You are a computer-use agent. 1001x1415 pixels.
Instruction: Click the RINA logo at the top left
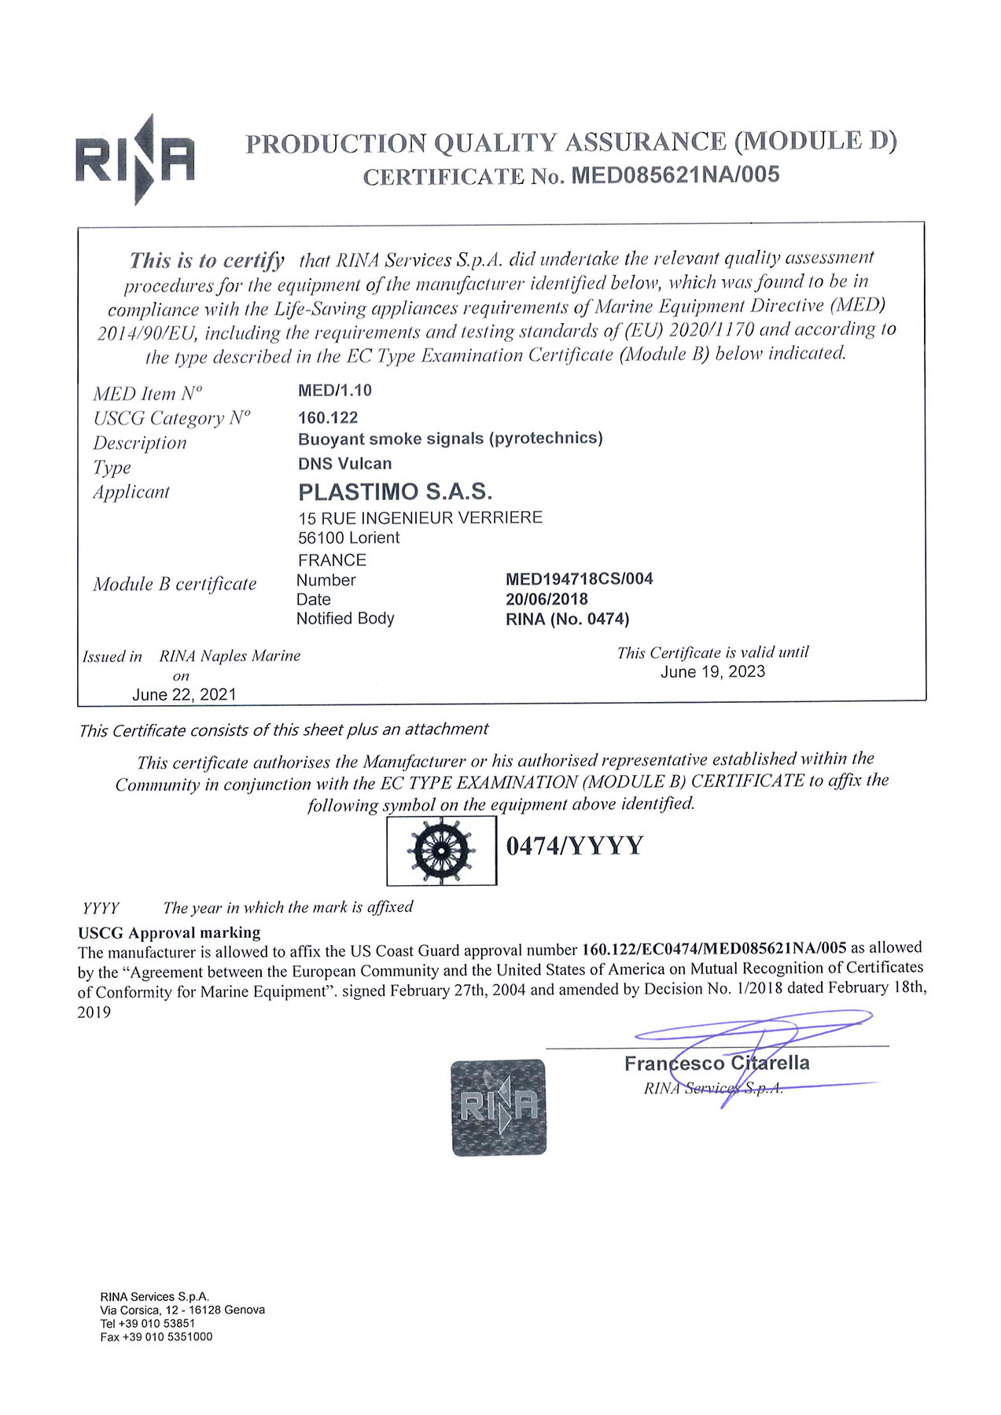[134, 160]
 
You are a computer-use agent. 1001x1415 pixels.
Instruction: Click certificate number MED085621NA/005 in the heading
[675, 175]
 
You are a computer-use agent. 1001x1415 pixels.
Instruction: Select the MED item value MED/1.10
[335, 391]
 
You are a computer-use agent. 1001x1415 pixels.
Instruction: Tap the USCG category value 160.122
[328, 417]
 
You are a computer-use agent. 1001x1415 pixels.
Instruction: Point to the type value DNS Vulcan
[344, 464]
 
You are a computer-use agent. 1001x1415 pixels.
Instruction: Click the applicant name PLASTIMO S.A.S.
[395, 492]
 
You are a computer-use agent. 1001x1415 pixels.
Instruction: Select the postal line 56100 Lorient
[348, 538]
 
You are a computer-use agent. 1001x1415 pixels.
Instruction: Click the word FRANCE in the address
[332, 560]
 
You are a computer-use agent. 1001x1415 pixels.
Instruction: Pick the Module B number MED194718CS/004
[579, 579]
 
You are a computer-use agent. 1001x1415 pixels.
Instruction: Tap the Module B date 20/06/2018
[547, 599]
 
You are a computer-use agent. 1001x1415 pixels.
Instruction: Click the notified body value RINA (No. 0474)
[567, 619]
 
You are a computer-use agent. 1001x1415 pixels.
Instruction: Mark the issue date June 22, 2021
[184, 695]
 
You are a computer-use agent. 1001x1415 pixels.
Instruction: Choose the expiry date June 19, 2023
[712, 672]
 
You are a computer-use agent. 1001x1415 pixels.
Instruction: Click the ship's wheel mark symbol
[441, 851]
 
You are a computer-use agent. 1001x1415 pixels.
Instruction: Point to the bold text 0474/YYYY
[574, 846]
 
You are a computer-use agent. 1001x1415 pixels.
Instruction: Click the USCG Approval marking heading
[169, 933]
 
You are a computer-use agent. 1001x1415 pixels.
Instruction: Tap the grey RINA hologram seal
[499, 1108]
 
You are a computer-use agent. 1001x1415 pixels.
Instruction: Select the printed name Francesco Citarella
[716, 1064]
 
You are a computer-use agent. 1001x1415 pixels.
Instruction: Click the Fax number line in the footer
[156, 1337]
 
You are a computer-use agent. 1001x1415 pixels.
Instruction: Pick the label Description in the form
[140, 443]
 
